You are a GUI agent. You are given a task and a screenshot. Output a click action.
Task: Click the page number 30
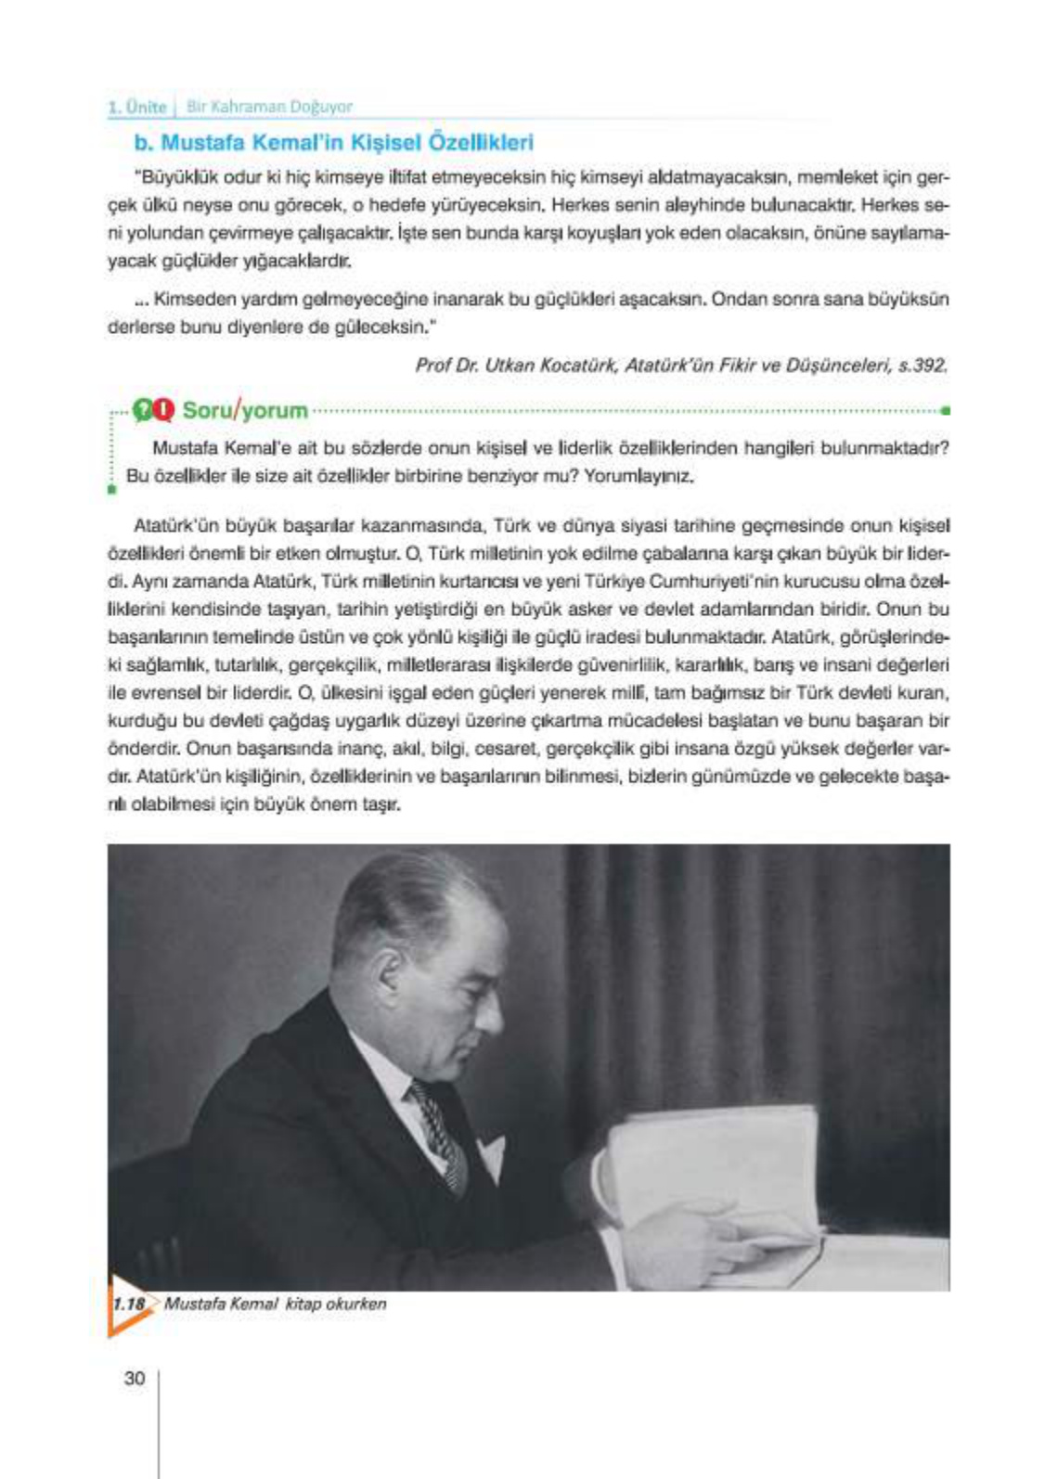point(135,1378)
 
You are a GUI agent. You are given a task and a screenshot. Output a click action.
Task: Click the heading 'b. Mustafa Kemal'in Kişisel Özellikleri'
point(334,143)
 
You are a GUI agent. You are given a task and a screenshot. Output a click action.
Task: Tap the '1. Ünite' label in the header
point(136,107)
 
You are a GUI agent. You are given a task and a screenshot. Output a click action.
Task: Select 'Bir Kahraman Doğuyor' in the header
point(269,107)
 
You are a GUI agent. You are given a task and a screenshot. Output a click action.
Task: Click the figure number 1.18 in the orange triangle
point(129,1304)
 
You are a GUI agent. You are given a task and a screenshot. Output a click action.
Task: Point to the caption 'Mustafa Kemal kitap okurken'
point(275,1304)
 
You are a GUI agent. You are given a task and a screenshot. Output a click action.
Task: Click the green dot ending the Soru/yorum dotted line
point(945,409)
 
